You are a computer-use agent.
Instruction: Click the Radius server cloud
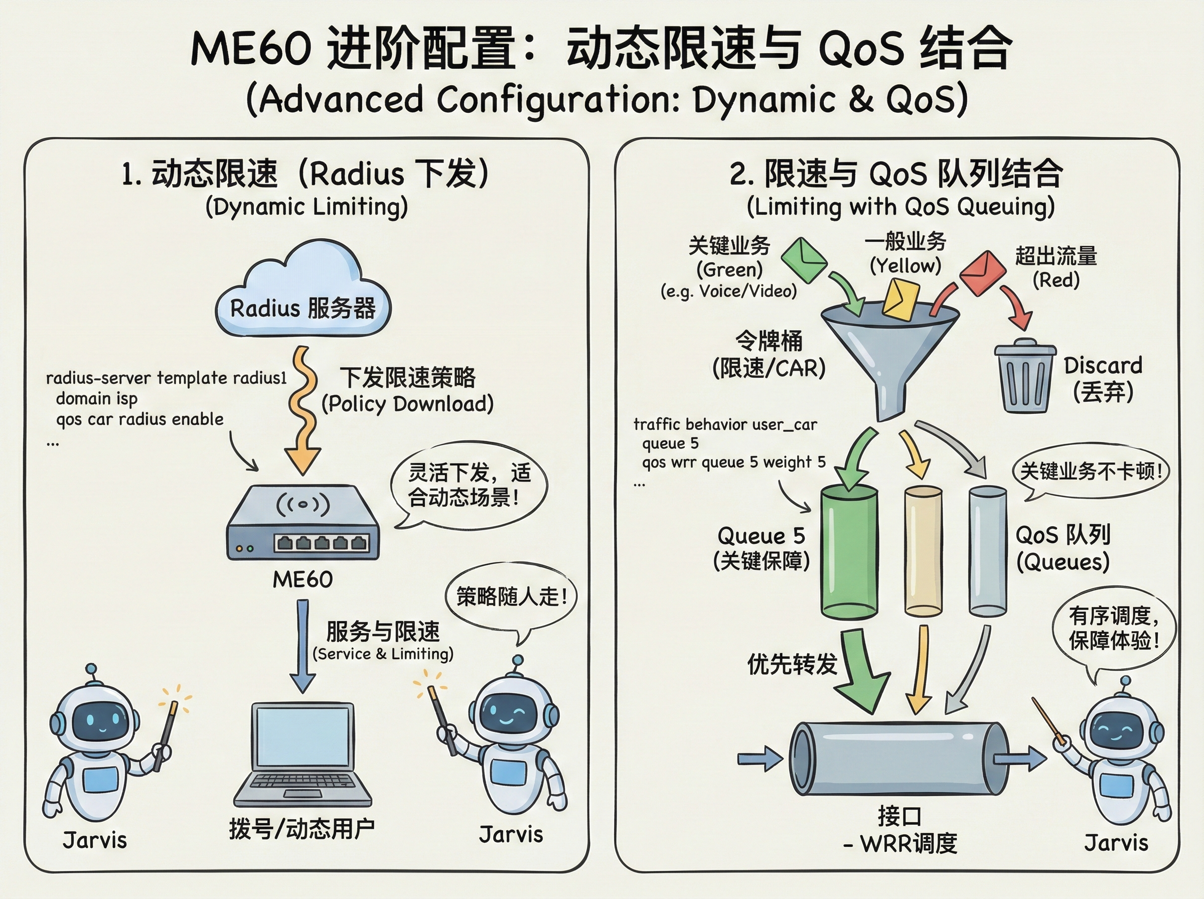[x=303, y=294]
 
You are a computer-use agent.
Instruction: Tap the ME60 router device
[x=303, y=522]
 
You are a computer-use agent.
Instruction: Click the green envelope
[x=804, y=259]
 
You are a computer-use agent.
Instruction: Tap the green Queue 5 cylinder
[x=848, y=552]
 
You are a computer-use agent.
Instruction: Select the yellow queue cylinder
[x=923, y=551]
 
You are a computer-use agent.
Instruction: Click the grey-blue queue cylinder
[x=987, y=551]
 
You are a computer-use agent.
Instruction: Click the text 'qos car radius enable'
[x=140, y=419]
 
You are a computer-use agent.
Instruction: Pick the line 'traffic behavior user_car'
[x=725, y=424]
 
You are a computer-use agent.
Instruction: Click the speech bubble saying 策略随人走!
[x=511, y=597]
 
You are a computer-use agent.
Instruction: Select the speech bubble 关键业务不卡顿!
[x=1090, y=471]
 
